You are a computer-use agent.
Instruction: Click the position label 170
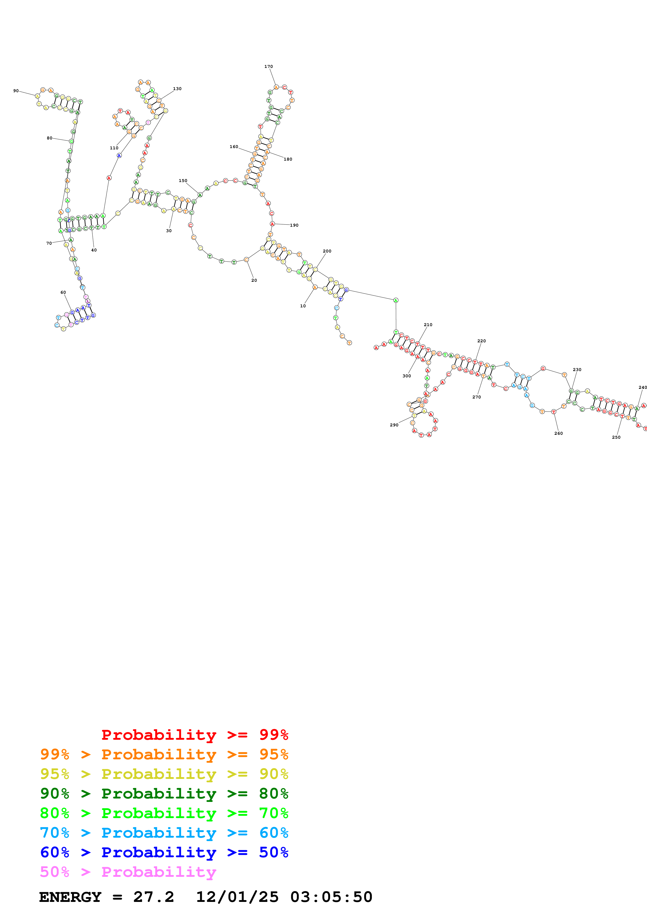(269, 67)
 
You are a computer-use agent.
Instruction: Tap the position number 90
(16, 91)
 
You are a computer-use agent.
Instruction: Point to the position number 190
(294, 225)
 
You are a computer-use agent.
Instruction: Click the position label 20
(254, 280)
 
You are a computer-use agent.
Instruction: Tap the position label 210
(428, 325)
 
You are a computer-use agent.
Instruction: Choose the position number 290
(394, 425)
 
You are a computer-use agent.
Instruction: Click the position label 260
(559, 433)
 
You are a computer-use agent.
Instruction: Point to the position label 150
(183, 181)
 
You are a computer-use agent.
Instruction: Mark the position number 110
(114, 148)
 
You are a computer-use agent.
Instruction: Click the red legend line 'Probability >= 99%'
(194, 735)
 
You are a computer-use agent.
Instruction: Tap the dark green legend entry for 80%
(164, 794)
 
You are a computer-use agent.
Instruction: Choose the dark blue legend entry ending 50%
(164, 852)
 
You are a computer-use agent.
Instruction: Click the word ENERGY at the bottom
(70, 897)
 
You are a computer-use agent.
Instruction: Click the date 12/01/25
(237, 897)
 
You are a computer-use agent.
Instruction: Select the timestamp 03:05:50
(331, 897)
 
